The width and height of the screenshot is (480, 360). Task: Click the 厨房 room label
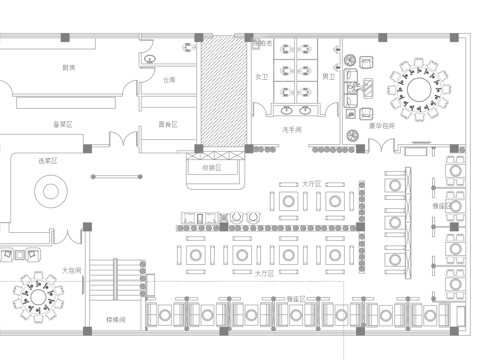click(68, 68)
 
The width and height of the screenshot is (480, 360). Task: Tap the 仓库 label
click(169, 79)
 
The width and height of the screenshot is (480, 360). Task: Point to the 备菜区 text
click(62, 124)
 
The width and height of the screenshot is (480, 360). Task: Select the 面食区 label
click(167, 125)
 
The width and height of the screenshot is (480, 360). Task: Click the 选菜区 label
click(47, 161)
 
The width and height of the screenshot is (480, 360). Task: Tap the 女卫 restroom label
click(262, 76)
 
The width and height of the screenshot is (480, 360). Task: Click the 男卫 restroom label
click(328, 76)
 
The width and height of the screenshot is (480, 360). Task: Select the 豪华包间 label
click(381, 127)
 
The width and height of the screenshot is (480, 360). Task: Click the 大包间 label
click(71, 270)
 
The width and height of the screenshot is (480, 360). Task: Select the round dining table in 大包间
click(39, 296)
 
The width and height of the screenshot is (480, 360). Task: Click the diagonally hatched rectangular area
click(222, 91)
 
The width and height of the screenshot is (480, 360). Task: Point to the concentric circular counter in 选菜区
click(49, 190)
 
